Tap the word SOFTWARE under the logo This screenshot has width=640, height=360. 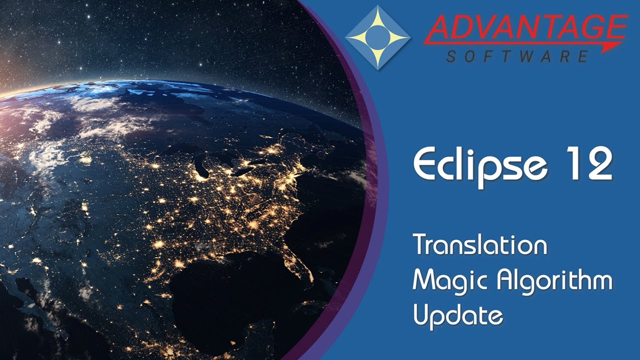point(517,56)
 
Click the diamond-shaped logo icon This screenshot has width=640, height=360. point(377,37)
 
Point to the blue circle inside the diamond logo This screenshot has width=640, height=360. point(377,37)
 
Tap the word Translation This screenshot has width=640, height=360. point(480,245)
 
